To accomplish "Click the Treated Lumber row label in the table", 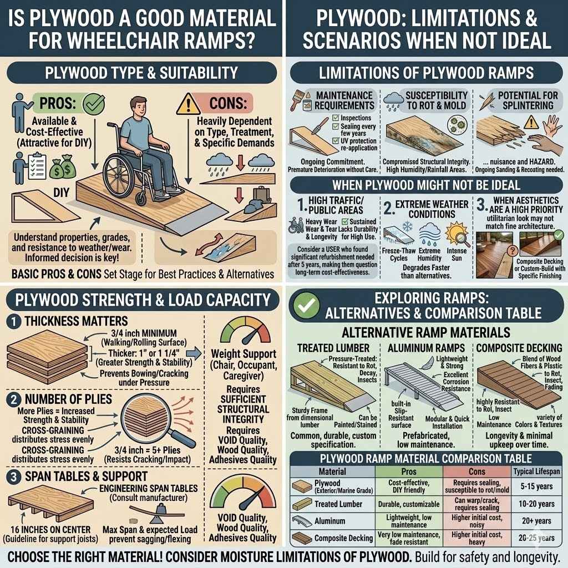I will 338,504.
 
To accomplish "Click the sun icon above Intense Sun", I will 463,229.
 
